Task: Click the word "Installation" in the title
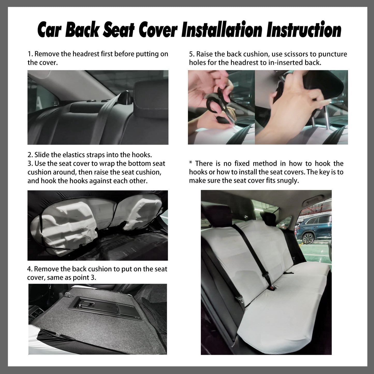point(222,31)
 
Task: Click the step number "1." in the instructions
point(30,54)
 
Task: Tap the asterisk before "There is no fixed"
point(191,164)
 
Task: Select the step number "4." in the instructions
point(30,269)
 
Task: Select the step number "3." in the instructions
point(30,164)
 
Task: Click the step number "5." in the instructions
point(192,54)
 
